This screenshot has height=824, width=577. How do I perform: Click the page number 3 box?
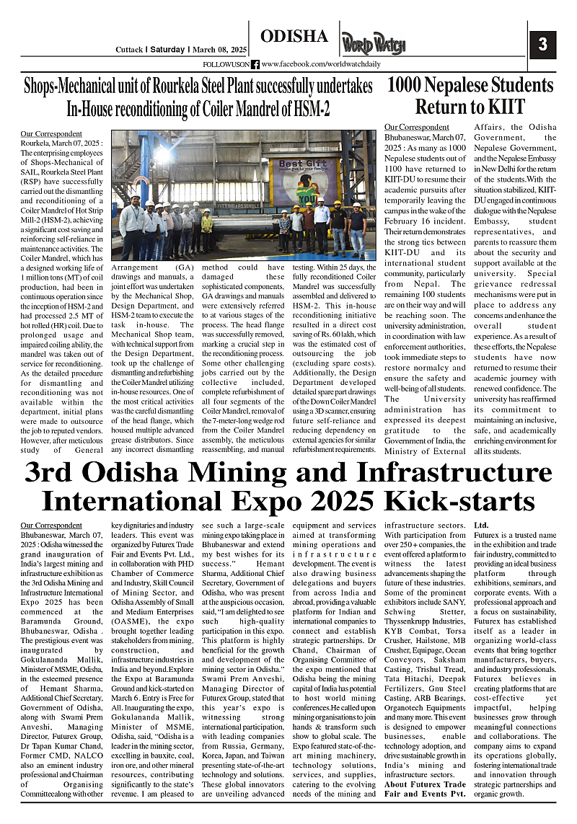542,44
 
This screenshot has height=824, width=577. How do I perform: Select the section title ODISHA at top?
294,37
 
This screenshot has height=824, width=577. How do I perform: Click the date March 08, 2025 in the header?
219,50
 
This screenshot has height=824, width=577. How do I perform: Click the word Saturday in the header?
168,50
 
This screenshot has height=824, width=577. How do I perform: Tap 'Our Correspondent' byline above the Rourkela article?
51,134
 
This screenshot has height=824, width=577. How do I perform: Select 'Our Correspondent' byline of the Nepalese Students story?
415,127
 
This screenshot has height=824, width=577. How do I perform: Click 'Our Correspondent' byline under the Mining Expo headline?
51,526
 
